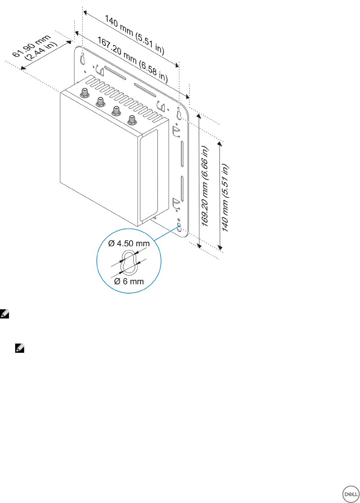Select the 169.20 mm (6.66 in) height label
click(205, 186)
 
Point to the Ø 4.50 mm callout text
click(129, 243)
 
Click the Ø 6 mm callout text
click(129, 281)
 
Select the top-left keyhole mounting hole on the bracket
click(82, 58)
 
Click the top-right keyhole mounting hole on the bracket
click(179, 115)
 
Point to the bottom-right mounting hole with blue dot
click(179, 227)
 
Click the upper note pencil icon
click(5, 314)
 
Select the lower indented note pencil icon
click(20, 348)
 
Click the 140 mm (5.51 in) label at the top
click(135, 35)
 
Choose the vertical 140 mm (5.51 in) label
click(225, 198)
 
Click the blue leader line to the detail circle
click(167, 233)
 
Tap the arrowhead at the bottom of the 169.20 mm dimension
click(199, 246)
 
